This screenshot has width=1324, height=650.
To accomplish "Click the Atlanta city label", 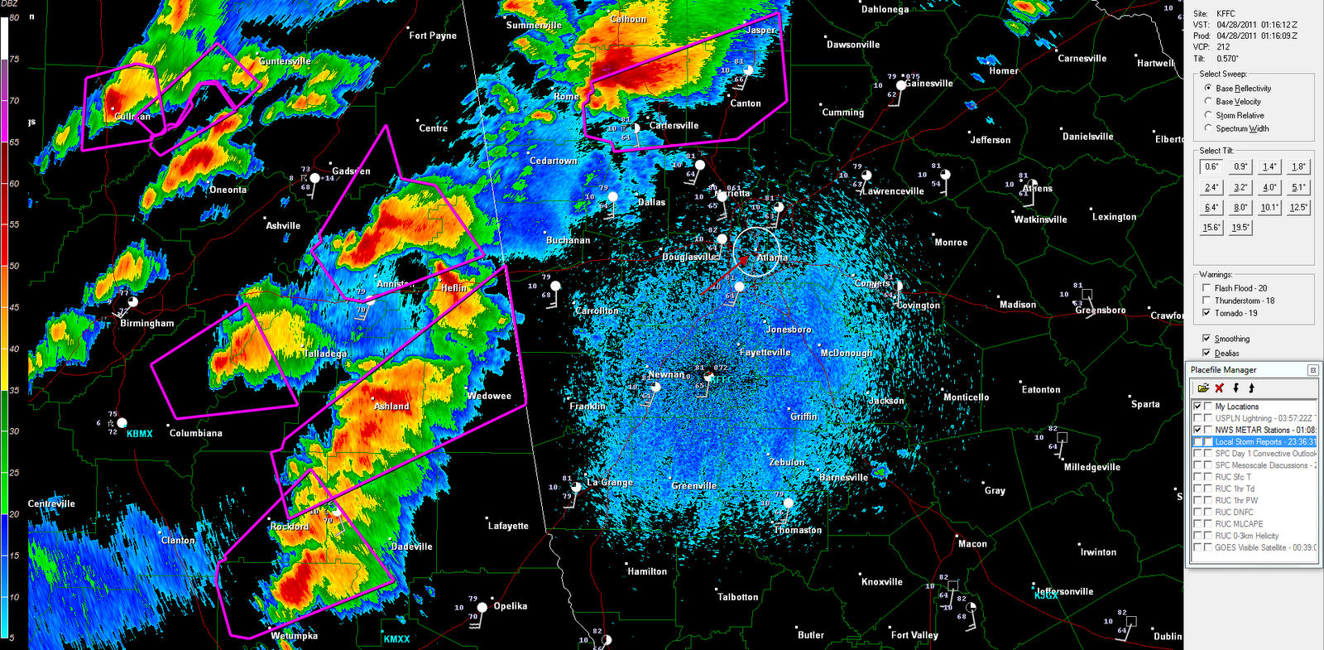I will pos(772,258).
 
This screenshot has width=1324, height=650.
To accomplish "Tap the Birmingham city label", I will pos(147,323).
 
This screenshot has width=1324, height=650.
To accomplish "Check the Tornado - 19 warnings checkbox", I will pos(1206,313).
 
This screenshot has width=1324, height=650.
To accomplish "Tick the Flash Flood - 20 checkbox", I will pos(1206,288).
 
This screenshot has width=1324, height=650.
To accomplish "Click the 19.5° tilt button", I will pos(1240,228).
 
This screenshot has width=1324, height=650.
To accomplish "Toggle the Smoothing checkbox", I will pos(1206,339).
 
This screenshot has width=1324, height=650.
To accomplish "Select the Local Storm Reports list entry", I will pos(1264,442).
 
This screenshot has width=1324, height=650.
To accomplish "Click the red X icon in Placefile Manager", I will pos(1219,388).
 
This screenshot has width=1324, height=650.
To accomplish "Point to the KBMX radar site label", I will pos(139,434).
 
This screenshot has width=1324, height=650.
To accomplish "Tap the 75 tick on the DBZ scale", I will pos(14,60).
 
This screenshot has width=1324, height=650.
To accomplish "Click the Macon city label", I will pos(972,544).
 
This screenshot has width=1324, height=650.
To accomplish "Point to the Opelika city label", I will pos(510,606).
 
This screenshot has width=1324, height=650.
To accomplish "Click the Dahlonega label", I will pos(885,10).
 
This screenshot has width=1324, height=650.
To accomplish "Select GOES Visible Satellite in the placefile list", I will pos(1264,547).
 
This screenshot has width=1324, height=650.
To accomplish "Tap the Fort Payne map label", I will pos(433,36).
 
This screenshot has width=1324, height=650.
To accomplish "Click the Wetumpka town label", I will pos(294,636).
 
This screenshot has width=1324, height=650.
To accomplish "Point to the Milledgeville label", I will pos(1091,467).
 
